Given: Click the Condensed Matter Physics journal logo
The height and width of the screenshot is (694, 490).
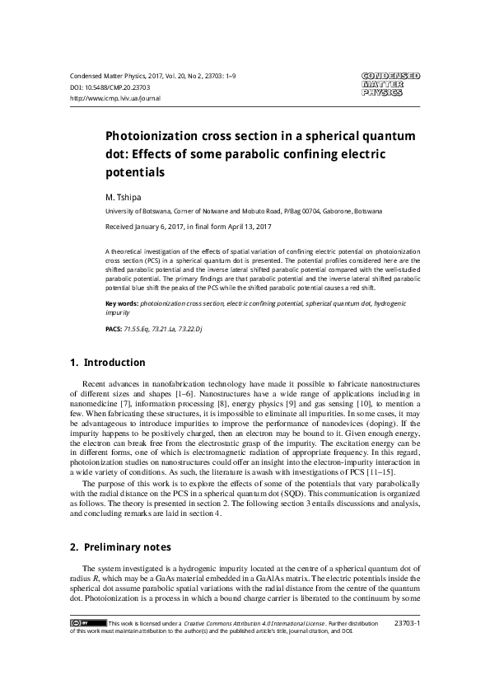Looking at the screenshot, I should coord(390,85).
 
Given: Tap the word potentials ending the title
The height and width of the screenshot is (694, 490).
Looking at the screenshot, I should coord(136,173).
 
